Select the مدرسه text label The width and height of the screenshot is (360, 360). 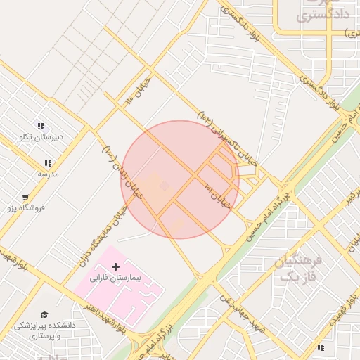coord(49,173)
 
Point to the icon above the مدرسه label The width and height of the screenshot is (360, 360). coord(47,162)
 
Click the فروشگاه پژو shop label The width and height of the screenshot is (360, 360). coord(26,208)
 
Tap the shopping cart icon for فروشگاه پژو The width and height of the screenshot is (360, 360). coord(26,198)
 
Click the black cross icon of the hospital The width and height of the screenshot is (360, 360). coord(116,266)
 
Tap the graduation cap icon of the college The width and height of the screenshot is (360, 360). coord(44,314)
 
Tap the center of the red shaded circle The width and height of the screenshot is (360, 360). coord(180,179)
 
